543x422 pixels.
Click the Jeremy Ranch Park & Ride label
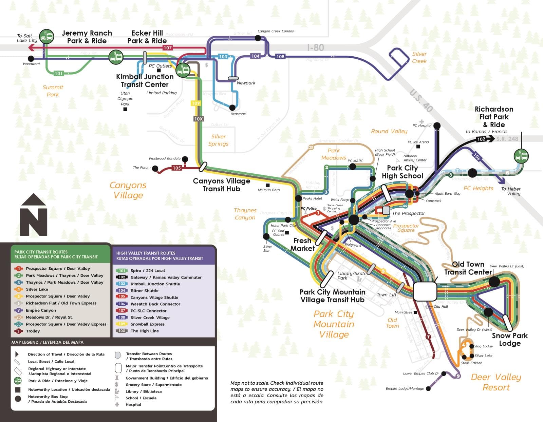[x=87, y=37]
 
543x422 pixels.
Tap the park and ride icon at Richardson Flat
[x=521, y=156]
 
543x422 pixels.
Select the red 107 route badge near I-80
[x=168, y=48]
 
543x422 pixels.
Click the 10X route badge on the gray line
[x=199, y=119]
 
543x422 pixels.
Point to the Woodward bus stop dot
[x=31, y=58]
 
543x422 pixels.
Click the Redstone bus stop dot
[x=232, y=108]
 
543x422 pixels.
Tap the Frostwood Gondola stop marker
[x=185, y=159]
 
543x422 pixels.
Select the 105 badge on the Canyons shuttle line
[x=177, y=168]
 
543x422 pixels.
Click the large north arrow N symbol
[x=33, y=215]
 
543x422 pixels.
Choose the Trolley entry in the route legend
[x=33, y=331]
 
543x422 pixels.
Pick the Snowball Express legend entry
[x=147, y=324]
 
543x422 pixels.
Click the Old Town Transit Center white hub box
[x=425, y=291]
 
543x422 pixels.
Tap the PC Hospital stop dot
[x=437, y=126]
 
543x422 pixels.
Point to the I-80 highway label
[x=315, y=48]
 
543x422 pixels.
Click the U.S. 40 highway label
[x=421, y=101]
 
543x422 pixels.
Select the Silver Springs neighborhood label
[x=218, y=140]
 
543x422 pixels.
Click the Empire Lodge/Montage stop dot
[x=428, y=388]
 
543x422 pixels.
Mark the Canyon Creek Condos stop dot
[x=258, y=38]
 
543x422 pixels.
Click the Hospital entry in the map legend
[x=133, y=405]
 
